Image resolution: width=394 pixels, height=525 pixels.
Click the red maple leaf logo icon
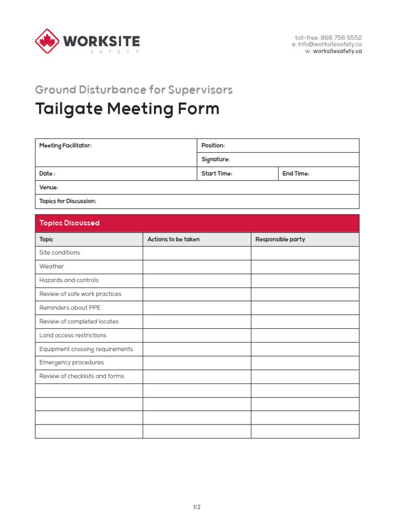(47, 41)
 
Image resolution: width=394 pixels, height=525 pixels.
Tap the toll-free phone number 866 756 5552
(341, 38)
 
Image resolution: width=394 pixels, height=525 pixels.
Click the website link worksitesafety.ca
(337, 51)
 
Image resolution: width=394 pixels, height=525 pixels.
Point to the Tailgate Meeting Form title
(127, 109)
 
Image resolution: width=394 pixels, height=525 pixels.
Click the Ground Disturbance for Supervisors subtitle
(134, 90)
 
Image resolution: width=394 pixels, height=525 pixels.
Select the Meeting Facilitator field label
(66, 146)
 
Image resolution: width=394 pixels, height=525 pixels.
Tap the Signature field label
(215, 159)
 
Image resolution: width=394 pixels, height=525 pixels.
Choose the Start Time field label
(216, 174)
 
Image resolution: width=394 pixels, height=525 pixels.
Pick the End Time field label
(295, 174)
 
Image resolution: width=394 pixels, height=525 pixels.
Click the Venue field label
(49, 188)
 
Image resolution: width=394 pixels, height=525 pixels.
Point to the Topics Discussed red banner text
(69, 224)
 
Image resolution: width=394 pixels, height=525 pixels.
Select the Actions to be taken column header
(173, 239)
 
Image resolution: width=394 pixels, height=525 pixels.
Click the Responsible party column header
(280, 239)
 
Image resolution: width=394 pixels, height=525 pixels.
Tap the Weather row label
(52, 267)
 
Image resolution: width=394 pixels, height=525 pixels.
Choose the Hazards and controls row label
(69, 280)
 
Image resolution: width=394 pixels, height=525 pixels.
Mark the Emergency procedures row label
(71, 362)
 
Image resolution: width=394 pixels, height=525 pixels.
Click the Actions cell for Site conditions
(196, 253)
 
